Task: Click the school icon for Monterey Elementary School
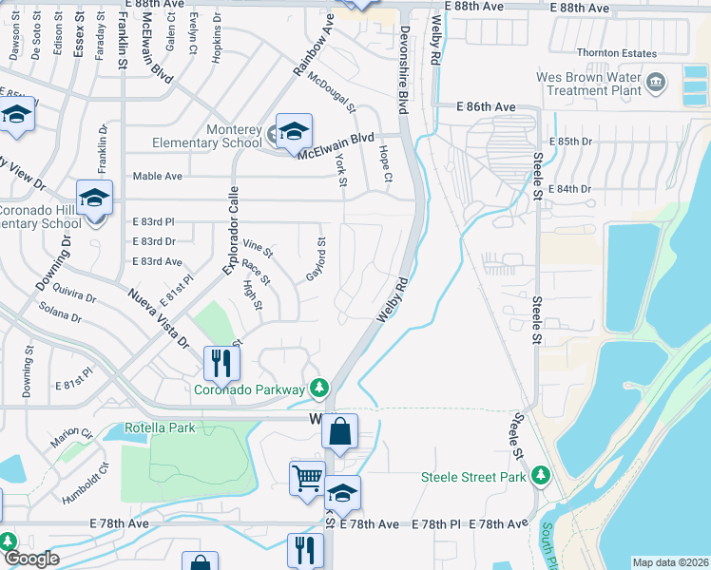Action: [x=294, y=130]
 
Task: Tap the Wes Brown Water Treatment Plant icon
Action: [x=656, y=84]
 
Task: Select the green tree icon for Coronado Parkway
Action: [x=321, y=389]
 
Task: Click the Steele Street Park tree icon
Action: [x=541, y=474]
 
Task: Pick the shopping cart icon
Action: [x=307, y=477]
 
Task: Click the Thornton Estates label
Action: [x=617, y=53]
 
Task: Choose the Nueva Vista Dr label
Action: [x=159, y=319]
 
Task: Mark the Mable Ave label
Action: [x=158, y=176]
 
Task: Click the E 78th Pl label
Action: [x=436, y=524]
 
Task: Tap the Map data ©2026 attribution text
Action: [x=670, y=562]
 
